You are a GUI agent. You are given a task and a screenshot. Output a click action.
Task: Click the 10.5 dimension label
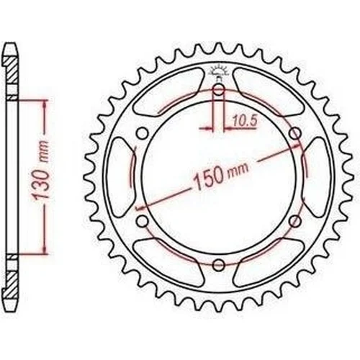[245, 120]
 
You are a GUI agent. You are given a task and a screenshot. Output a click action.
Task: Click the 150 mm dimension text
[221, 175]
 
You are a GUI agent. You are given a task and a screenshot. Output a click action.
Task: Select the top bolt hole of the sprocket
[219, 91]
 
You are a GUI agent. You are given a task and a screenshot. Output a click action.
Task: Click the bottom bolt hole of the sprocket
[219, 265]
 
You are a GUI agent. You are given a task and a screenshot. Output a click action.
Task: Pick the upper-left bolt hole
[143, 133]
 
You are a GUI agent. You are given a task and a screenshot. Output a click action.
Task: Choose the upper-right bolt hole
[295, 133]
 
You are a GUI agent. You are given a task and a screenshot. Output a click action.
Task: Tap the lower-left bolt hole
[143, 221]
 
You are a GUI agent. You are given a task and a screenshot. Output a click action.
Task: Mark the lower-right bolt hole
[295, 221]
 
